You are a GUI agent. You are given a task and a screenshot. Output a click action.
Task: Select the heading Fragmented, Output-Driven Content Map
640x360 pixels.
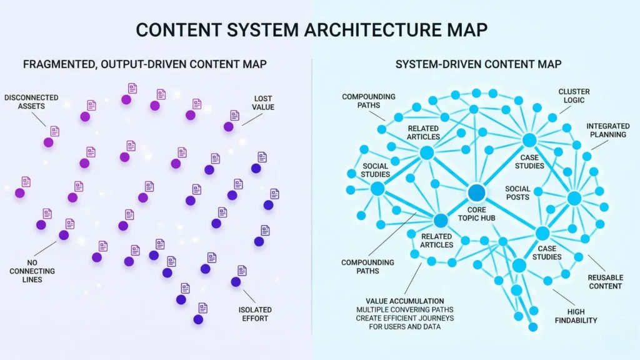(x=145, y=64)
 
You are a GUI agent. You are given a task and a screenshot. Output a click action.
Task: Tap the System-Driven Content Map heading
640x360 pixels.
(x=478, y=64)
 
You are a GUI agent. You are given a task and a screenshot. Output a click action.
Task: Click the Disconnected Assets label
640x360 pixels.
(x=31, y=102)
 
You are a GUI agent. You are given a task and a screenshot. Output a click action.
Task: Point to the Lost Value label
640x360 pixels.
(x=264, y=102)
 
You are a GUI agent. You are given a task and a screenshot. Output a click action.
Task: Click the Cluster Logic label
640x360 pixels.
(x=574, y=96)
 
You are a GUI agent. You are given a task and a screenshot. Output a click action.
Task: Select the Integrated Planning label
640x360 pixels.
(x=607, y=131)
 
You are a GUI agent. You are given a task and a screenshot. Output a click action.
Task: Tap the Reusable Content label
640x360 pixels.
(x=605, y=281)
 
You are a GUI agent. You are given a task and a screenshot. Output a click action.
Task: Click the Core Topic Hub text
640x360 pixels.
(x=477, y=215)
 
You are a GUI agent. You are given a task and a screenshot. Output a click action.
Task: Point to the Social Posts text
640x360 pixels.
(x=517, y=192)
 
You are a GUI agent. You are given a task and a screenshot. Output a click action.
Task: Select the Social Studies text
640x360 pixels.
(x=375, y=170)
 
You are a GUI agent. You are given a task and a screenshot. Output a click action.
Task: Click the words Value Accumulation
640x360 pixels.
(x=404, y=301)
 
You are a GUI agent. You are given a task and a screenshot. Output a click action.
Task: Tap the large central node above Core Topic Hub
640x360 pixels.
(x=477, y=192)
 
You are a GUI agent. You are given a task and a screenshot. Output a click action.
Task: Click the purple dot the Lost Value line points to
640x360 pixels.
(x=229, y=127)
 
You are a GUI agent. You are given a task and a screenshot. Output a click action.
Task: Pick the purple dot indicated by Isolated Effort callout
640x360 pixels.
(x=236, y=282)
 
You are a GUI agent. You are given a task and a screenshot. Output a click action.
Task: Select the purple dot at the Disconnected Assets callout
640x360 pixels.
(x=48, y=142)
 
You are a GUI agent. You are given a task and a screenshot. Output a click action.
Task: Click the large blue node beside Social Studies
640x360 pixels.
(x=377, y=189)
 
